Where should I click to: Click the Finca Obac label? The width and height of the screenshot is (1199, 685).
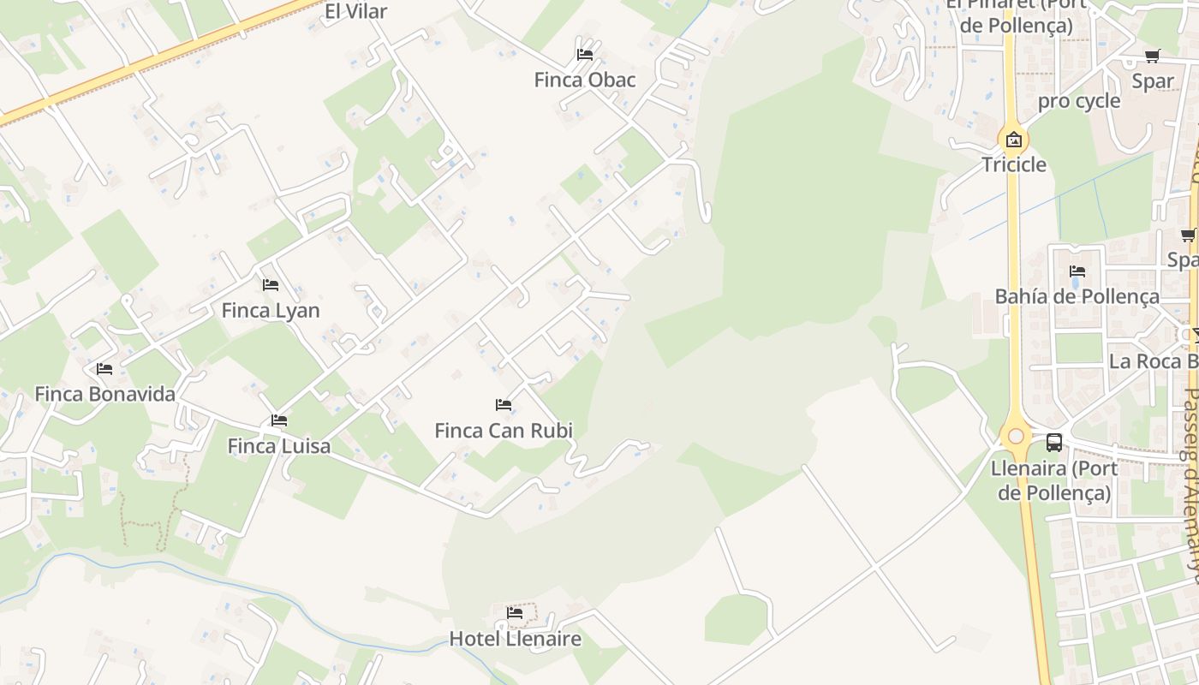tap(585, 80)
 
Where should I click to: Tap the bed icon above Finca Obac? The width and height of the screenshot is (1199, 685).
tap(585, 54)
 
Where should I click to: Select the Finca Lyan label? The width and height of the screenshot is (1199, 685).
tap(271, 310)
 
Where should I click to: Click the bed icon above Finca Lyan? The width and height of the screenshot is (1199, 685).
tap(271, 284)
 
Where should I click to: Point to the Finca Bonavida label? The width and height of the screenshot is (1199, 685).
tap(104, 394)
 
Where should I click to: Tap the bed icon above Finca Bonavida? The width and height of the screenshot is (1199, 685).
tap(104, 369)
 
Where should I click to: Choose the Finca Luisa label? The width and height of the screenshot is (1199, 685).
tap(278, 445)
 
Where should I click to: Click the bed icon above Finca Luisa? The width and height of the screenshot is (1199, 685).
tap(278, 420)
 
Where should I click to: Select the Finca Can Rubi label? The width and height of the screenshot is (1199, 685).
tap(504, 430)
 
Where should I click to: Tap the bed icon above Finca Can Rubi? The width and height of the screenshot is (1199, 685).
tap(504, 404)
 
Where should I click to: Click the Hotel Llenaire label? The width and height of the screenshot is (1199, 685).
tap(515, 639)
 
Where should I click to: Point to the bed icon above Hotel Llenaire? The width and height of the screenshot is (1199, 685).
tap(515, 613)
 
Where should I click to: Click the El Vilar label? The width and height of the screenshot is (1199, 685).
tap(355, 11)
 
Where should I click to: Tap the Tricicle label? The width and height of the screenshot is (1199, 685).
tap(1014, 164)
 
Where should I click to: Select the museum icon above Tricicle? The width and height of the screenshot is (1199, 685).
tap(1014, 139)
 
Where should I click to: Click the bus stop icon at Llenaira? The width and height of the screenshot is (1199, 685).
tap(1054, 443)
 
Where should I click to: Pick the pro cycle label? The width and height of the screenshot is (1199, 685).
tap(1079, 101)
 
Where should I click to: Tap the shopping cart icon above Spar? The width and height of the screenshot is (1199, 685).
tap(1153, 57)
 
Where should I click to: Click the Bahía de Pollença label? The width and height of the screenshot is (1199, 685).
tap(1077, 296)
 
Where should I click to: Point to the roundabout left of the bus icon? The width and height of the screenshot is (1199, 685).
tap(1016, 437)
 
